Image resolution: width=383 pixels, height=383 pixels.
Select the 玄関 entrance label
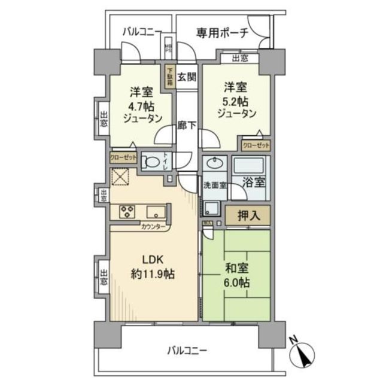coord(186,76)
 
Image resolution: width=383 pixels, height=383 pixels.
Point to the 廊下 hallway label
coord(187,126)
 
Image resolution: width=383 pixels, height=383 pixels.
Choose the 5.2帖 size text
coord(236,99)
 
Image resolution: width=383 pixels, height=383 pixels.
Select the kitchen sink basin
coord(157,212)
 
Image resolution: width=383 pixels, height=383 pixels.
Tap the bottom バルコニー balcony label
coord(187,350)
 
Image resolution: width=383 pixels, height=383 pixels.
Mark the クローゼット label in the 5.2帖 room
coord(256,145)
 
